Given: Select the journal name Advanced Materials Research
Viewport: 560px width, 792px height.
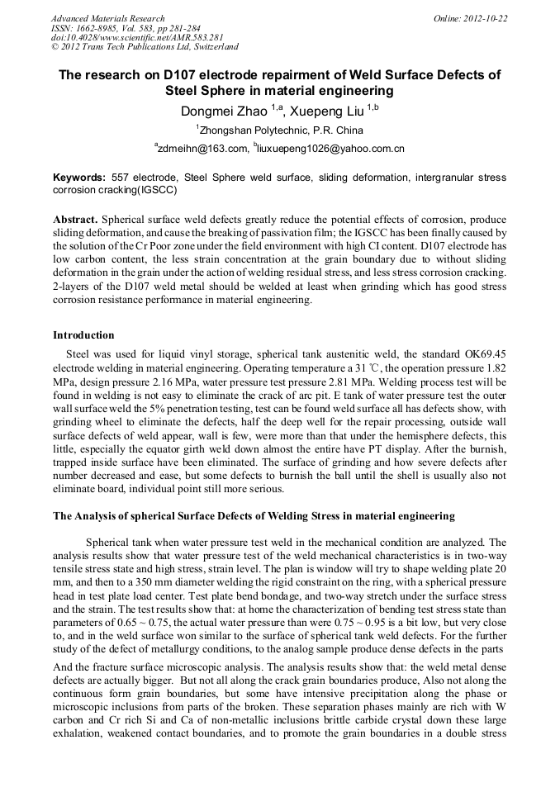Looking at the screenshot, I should click(x=107, y=18).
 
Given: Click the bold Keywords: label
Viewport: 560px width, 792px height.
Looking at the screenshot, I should click(x=79, y=178).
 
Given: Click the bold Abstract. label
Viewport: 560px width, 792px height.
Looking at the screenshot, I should click(x=75, y=221).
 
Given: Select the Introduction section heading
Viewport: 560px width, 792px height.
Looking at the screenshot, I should click(x=83, y=335).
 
